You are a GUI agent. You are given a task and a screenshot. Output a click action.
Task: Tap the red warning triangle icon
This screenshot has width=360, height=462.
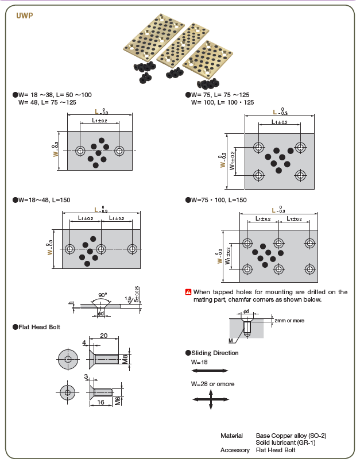[188, 292]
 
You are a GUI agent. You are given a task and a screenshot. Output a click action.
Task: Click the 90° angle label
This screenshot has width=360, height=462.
[102, 295]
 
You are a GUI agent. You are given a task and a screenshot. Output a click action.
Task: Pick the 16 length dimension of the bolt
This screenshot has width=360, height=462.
[100, 403]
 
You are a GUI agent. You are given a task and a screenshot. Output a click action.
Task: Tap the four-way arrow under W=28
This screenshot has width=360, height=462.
[211, 398]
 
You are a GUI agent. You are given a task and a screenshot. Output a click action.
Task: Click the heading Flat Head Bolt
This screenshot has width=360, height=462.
[39, 327]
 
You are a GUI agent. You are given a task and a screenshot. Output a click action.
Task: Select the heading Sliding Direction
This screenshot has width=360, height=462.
[214, 353]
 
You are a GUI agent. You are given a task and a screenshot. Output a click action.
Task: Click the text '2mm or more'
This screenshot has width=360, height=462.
[290, 320]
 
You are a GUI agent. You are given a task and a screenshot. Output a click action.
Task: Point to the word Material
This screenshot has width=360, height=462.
[232, 436]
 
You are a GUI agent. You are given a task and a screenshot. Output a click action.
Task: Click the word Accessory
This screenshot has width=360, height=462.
[235, 450]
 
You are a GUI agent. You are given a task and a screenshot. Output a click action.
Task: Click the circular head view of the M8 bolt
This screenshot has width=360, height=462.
[68, 360]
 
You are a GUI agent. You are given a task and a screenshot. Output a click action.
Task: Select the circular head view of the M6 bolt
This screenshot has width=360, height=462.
[68, 393]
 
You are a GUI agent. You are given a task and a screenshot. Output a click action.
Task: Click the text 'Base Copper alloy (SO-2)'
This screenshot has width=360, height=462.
[291, 436]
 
